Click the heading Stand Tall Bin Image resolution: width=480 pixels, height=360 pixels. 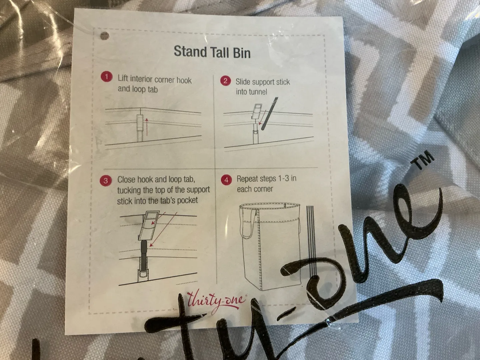pos(212,52)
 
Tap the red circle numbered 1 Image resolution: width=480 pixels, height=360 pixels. pos(106,77)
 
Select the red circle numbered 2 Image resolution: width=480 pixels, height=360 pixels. pos(225,81)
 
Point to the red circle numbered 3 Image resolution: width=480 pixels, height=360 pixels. pos(106,181)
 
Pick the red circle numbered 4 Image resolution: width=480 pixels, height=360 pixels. pos(226,180)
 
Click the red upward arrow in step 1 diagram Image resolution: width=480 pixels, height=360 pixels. pos(147,127)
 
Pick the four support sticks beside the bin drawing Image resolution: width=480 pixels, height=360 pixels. pos(311,240)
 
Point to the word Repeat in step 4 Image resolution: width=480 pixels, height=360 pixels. pos(249,179)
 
